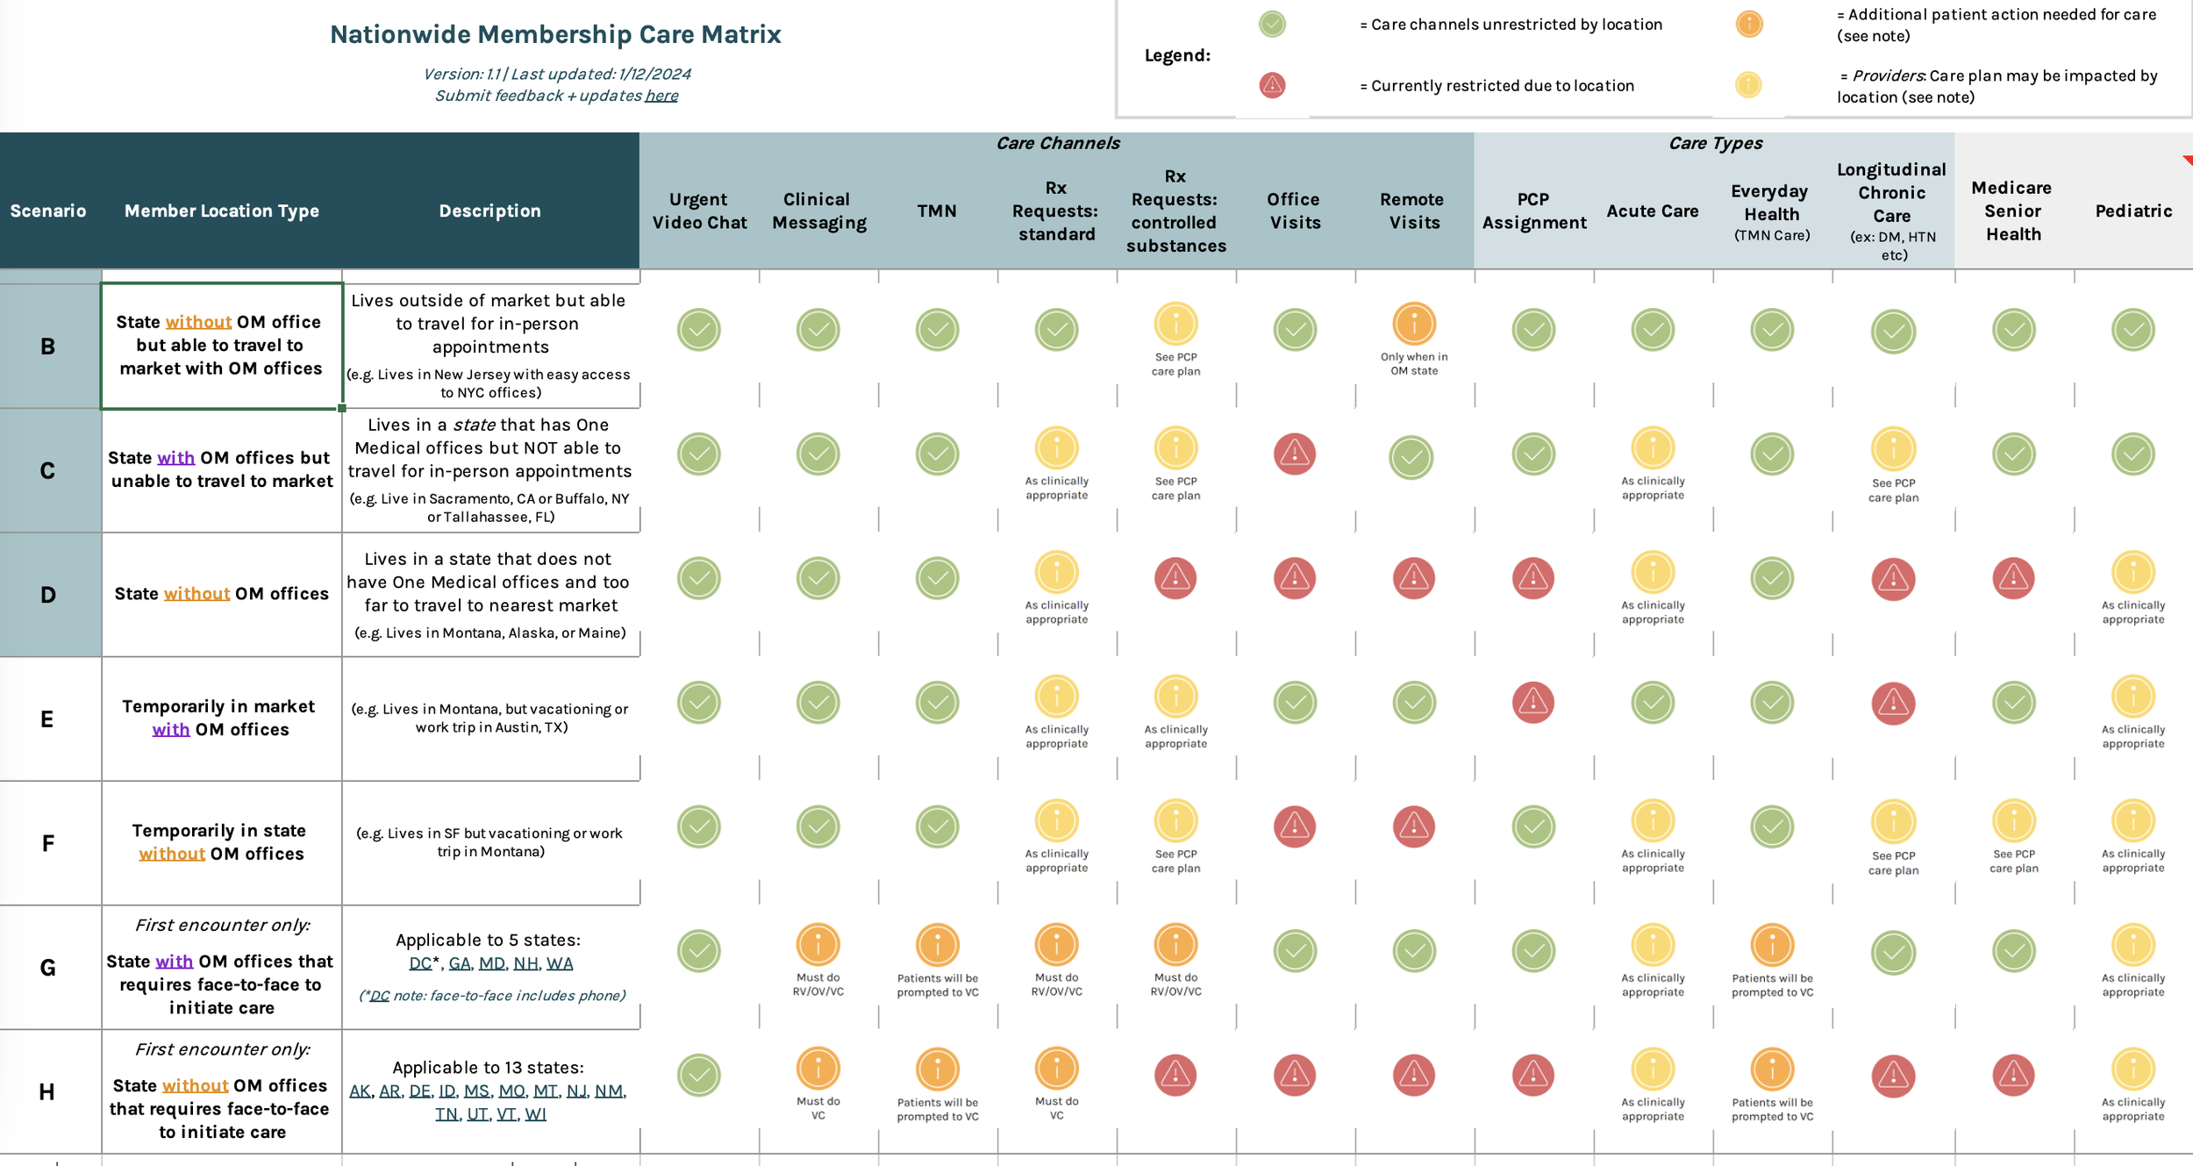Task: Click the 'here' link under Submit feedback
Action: click(661, 96)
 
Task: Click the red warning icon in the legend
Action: click(1272, 85)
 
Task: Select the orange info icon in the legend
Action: click(1748, 24)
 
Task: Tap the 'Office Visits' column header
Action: click(1294, 211)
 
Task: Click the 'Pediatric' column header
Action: click(2133, 211)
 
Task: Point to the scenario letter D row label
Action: click(48, 595)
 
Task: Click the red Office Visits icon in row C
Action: click(1294, 454)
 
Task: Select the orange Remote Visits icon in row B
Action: click(1413, 323)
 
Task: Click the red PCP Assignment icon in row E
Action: click(1532, 702)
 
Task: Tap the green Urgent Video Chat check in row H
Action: click(698, 1075)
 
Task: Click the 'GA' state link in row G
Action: click(460, 963)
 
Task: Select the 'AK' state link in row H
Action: click(360, 1091)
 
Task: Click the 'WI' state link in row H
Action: click(535, 1114)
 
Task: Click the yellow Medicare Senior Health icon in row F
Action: click(2013, 821)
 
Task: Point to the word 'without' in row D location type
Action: click(196, 594)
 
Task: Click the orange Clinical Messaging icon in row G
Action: click(818, 945)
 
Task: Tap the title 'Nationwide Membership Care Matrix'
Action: click(555, 34)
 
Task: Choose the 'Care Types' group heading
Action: click(1715, 143)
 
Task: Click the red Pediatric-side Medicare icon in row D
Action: click(2013, 578)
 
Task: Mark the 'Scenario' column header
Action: click(48, 211)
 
